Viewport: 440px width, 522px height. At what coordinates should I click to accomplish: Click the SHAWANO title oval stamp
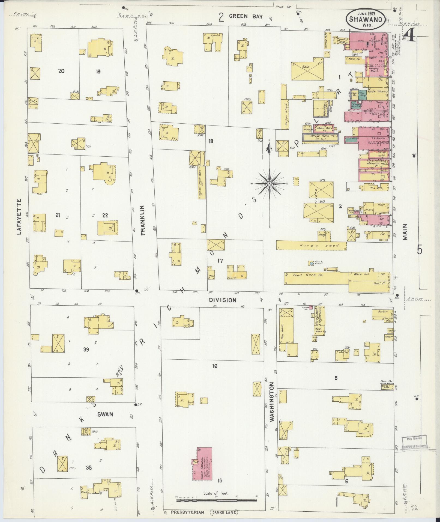click(366, 19)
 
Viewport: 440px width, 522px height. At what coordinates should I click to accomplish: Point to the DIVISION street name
click(223, 300)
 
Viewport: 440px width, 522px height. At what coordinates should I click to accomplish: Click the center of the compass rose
click(269, 184)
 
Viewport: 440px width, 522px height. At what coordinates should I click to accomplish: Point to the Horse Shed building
click(311, 245)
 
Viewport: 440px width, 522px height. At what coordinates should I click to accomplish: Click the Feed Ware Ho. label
click(308, 275)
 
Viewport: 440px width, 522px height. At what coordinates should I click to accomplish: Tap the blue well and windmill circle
click(311, 264)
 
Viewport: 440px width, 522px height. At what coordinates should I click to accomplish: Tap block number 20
click(61, 71)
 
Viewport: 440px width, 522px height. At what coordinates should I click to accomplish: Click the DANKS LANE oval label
click(224, 512)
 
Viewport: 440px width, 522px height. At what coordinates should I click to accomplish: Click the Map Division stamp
click(414, 446)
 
